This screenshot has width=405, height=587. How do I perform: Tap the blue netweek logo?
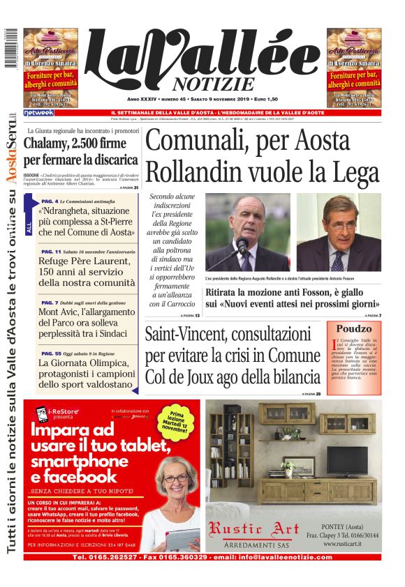38,112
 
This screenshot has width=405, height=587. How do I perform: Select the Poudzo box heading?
354,328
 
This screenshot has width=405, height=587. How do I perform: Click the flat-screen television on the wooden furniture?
347,459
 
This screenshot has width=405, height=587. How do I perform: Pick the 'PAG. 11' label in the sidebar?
51,251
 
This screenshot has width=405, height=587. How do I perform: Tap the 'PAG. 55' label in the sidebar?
51,353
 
